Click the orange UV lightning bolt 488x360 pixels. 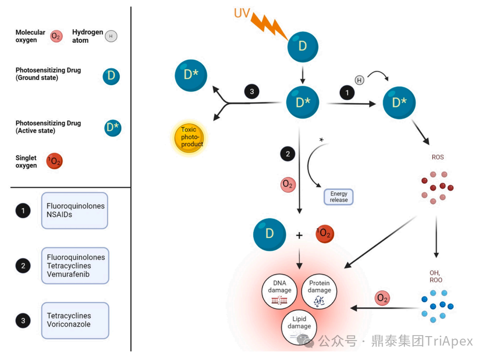269,25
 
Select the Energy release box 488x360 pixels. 338,197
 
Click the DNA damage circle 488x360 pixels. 279,291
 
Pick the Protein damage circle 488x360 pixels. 319,291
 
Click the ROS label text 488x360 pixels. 437,157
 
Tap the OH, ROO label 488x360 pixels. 436,276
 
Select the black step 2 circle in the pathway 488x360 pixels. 288,154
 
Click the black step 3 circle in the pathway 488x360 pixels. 252,92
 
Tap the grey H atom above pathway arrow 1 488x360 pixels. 359,80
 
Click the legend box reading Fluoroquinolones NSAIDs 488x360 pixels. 75,211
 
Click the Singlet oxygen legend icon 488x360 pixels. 54,161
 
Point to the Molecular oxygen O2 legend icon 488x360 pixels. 56,36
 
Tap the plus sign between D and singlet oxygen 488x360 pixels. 299,235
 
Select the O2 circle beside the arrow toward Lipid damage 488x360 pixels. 382,298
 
